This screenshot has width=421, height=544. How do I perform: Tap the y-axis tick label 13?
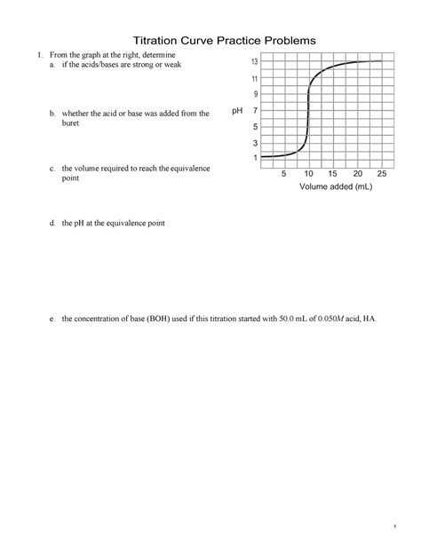(x=255, y=62)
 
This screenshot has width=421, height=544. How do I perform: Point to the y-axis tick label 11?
(x=255, y=79)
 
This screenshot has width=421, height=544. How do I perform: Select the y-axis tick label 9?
(x=256, y=94)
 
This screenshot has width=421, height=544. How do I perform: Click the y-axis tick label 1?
(x=256, y=158)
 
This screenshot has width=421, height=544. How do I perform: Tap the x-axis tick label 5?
(x=284, y=174)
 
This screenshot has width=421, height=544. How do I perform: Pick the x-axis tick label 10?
(x=309, y=174)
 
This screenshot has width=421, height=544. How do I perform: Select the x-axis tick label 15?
(x=333, y=174)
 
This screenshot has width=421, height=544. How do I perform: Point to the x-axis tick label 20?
(x=358, y=174)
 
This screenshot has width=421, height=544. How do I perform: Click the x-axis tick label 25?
(x=382, y=174)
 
